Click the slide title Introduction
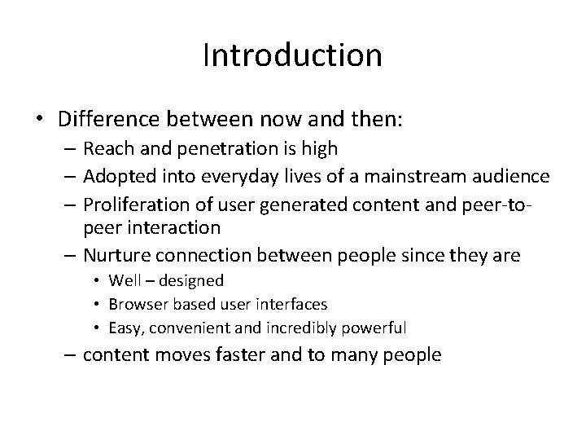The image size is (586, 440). [x=292, y=55]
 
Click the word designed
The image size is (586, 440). [x=193, y=281]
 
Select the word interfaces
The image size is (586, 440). [x=298, y=304]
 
